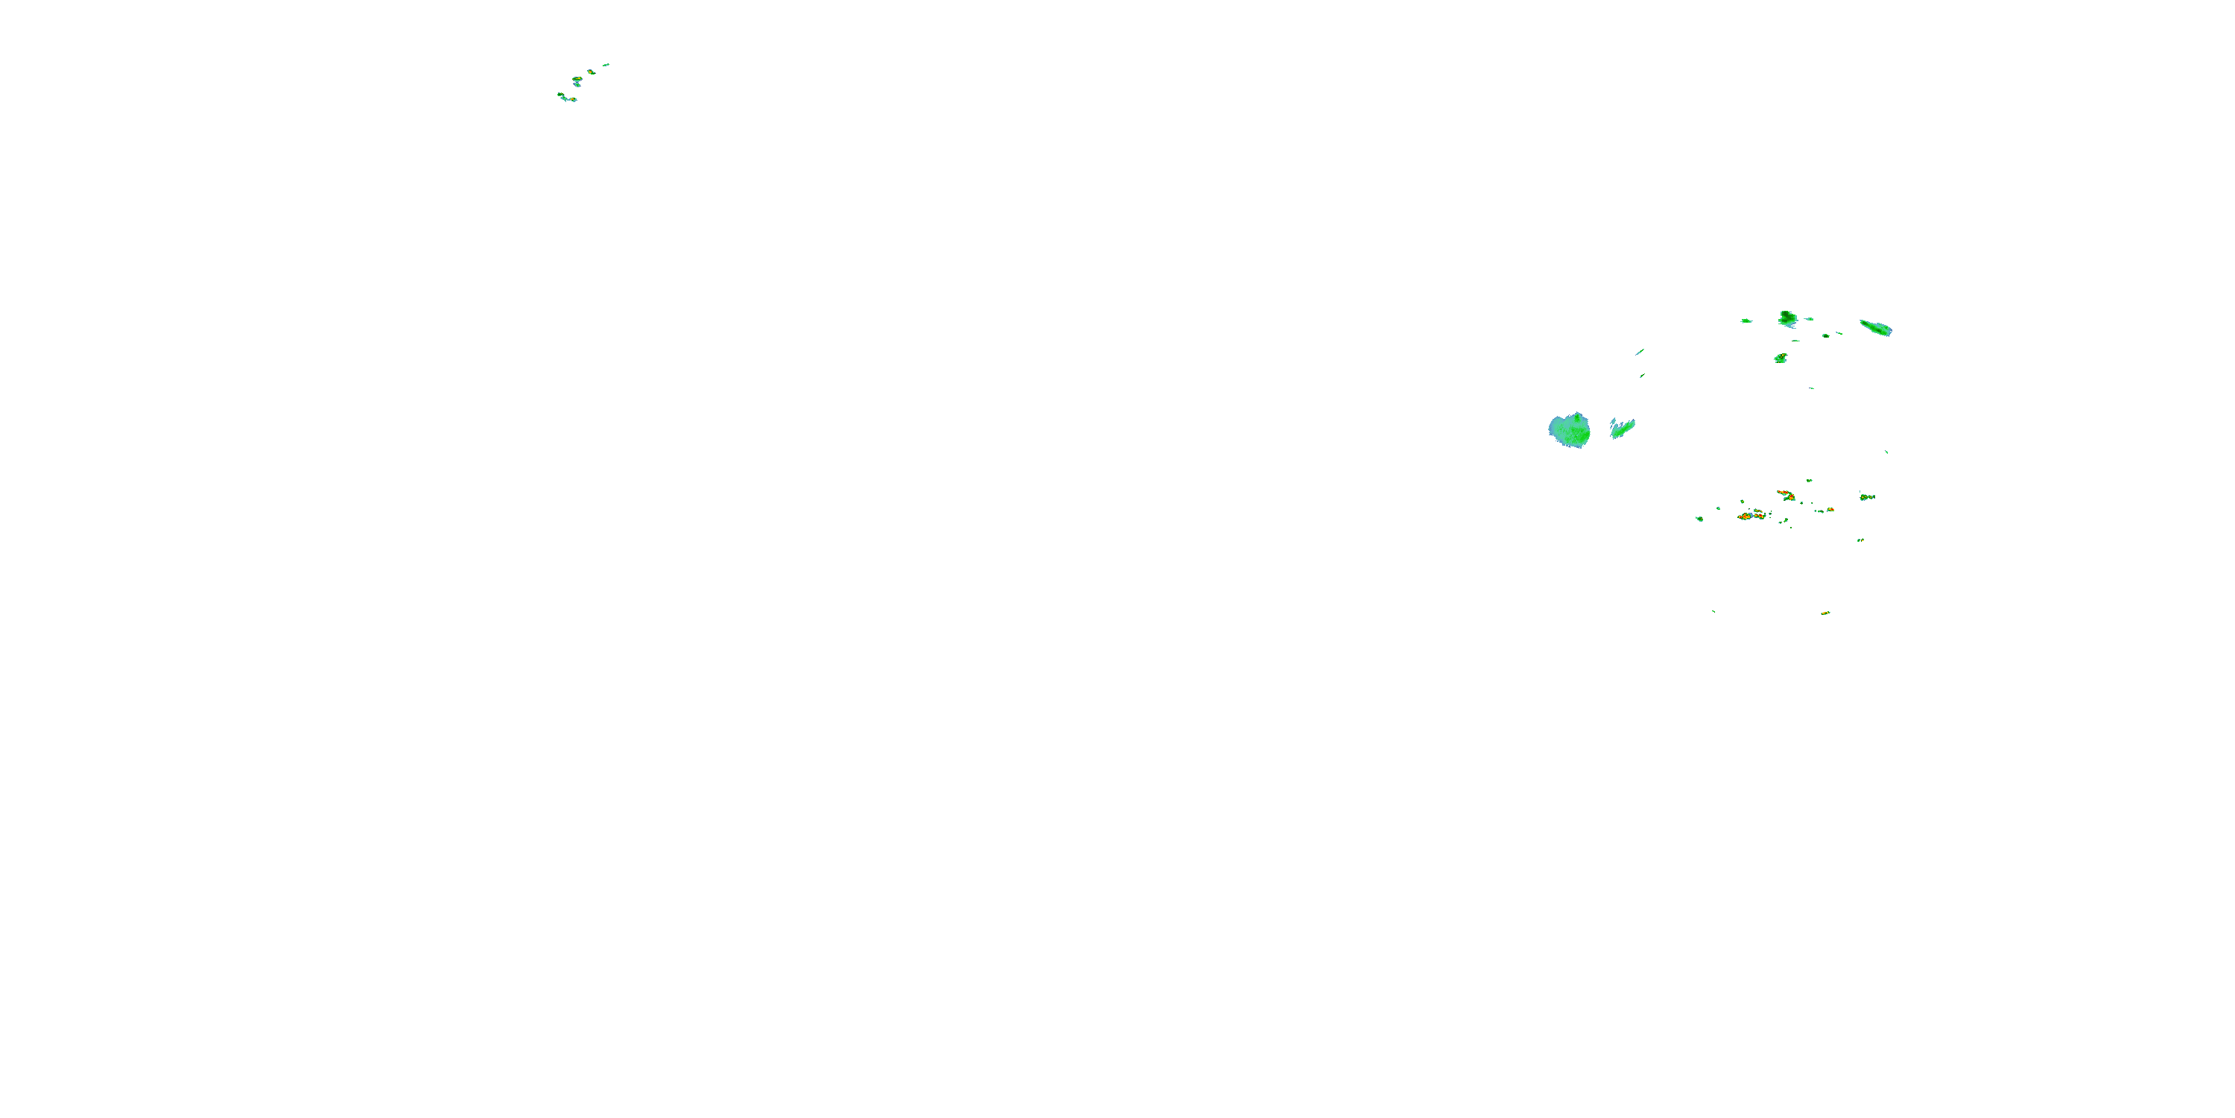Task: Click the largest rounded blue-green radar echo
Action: coord(1570,429)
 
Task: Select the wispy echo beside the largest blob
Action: coord(1622,427)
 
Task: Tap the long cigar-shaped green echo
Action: coord(1876,328)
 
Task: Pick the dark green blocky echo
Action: coord(1787,318)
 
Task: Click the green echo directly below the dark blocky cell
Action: coord(1781,358)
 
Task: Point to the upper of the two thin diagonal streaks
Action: coord(1640,352)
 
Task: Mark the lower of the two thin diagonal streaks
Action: coord(1641,376)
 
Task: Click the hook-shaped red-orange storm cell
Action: coord(1785,495)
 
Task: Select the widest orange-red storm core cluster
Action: coord(1751,516)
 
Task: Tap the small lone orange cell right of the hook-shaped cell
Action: coord(1830,510)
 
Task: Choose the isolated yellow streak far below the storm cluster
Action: coord(1825,613)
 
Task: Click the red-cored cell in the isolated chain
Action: coord(577,80)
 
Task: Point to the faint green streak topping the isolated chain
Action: coord(606,64)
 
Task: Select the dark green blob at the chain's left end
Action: coord(560,95)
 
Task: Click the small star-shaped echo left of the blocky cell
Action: coord(1746,320)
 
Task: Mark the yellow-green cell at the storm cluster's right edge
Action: coord(1867,496)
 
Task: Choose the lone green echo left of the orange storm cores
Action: coord(1699,519)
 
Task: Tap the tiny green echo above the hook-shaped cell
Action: coord(1809,480)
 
